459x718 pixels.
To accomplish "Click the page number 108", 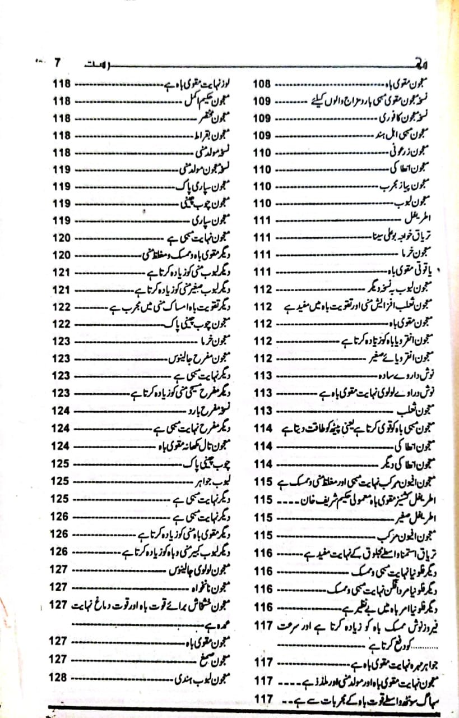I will pyautogui.click(x=262, y=84).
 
